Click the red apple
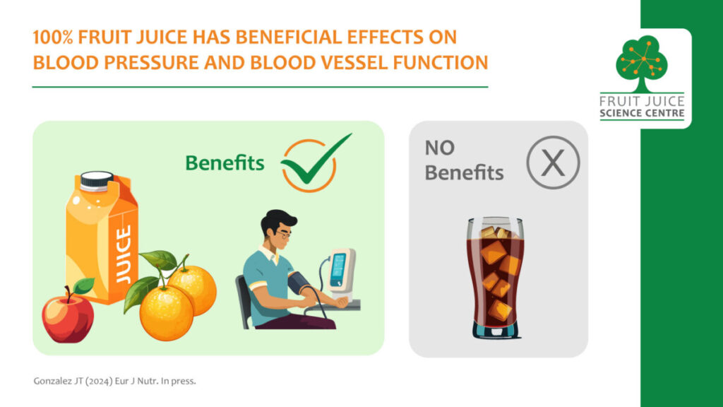[x=68, y=317]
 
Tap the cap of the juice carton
[x=96, y=181]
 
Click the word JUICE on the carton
[x=123, y=254]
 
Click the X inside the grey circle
[x=553, y=163]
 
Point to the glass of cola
[x=495, y=278]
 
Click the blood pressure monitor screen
[x=338, y=269]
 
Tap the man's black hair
[x=277, y=221]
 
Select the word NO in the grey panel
[x=439, y=148]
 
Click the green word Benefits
[x=225, y=163]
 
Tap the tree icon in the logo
[x=641, y=63]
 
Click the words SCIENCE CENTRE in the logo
[x=642, y=113]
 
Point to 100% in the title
[x=52, y=37]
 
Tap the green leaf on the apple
[x=83, y=285]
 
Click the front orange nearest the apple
[x=167, y=312]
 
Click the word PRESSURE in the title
[x=151, y=62]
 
